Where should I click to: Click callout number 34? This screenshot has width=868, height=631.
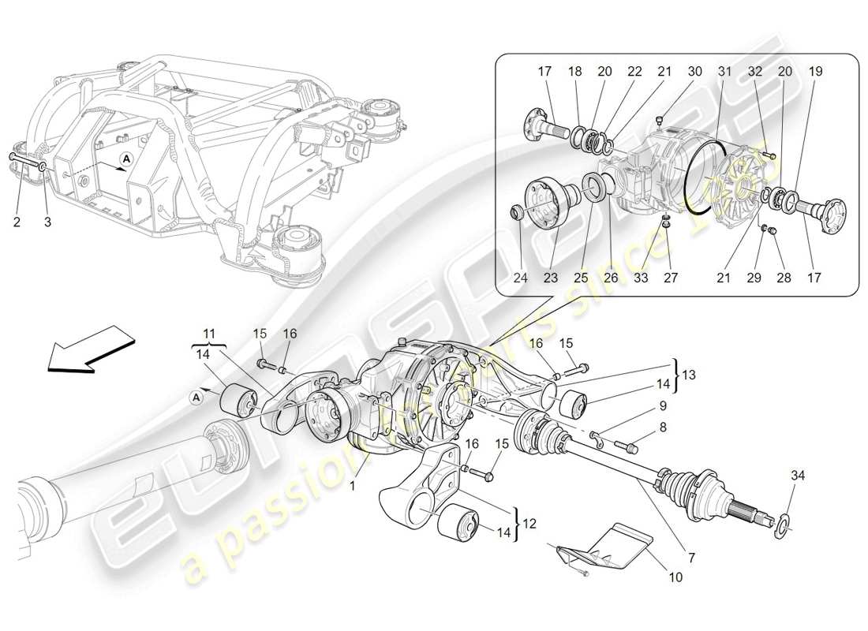point(799,475)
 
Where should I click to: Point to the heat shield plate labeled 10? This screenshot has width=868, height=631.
point(615,547)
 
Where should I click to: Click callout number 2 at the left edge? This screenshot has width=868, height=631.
point(17,222)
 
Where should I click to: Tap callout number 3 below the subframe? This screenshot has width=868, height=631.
point(47,222)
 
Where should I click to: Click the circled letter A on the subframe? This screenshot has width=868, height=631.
point(125,159)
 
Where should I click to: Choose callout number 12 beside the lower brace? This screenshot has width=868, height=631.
point(528,521)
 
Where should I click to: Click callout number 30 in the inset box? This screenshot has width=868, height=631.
point(694,71)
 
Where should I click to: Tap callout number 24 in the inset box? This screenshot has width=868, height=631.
point(519,278)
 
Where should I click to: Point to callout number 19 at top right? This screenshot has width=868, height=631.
point(815,71)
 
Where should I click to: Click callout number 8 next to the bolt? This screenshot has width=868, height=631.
point(663,427)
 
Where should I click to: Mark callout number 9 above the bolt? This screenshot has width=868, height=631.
point(663,406)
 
